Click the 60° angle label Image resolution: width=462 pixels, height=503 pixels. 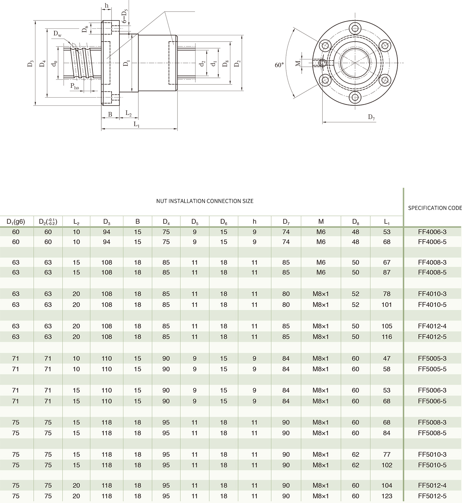click(x=279, y=65)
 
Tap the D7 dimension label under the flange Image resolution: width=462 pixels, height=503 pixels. click(x=371, y=117)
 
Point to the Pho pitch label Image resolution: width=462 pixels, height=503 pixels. click(x=75, y=86)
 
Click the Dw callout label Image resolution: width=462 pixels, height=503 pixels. click(x=57, y=34)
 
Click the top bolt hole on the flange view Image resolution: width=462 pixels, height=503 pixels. click(x=355, y=28)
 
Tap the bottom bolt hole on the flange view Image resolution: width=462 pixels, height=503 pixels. click(x=355, y=97)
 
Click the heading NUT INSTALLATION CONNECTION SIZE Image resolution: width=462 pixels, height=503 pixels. click(x=205, y=201)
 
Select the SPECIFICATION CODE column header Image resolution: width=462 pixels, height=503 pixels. click(x=435, y=208)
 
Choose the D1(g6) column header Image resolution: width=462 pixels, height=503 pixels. click(x=16, y=222)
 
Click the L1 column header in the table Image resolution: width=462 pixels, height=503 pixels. click(x=387, y=222)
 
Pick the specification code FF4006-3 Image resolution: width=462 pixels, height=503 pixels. click(x=432, y=232)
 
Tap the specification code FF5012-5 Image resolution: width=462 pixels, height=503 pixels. click(x=432, y=496)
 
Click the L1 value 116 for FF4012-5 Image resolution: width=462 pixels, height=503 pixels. click(x=387, y=337)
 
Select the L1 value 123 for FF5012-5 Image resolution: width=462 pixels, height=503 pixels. click(x=387, y=496)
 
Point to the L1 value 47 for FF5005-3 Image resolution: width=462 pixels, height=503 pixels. click(x=387, y=358)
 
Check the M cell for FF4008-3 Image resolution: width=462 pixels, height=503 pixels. click(x=321, y=262)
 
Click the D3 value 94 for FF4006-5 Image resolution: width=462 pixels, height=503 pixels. click(x=107, y=242)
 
